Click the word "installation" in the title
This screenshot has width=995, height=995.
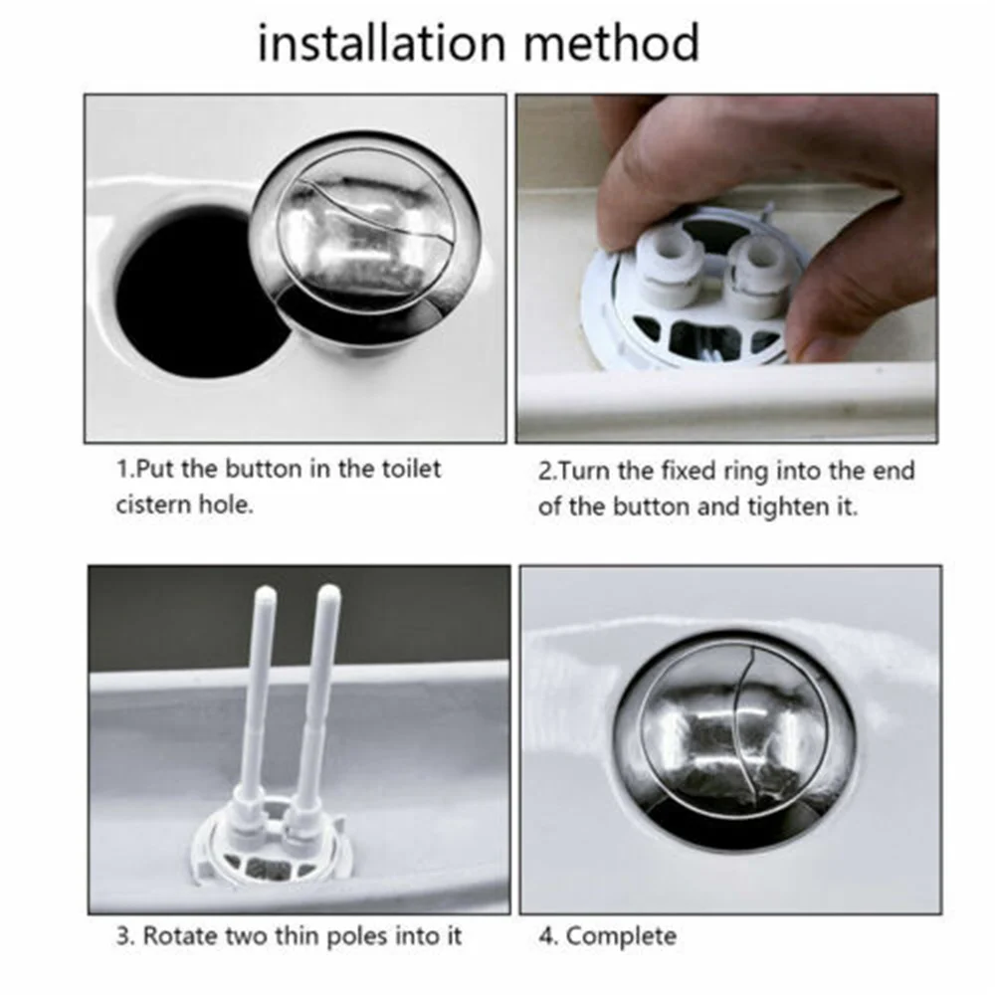coord(372,44)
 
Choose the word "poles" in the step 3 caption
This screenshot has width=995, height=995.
coord(369,935)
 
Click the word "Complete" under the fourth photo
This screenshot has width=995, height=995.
coord(621,935)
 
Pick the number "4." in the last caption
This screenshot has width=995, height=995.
coord(548,935)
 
